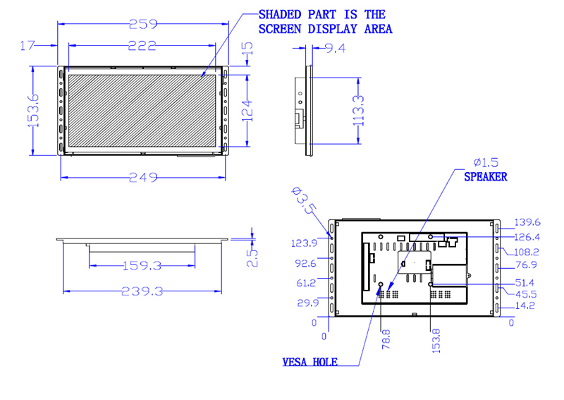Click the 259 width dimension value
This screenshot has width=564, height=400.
tap(143, 24)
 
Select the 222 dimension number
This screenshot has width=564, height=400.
tap(142, 46)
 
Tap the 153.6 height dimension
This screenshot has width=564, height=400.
tap(33, 111)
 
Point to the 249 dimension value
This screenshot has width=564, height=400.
tap(143, 177)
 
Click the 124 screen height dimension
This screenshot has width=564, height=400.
tap(247, 111)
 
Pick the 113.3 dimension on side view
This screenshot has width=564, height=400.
tap(359, 111)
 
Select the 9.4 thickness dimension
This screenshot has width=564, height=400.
tap(336, 48)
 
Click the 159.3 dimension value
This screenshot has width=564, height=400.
tap(142, 266)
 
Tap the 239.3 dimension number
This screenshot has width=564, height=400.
tap(142, 291)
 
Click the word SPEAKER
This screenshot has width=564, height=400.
tap(486, 177)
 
